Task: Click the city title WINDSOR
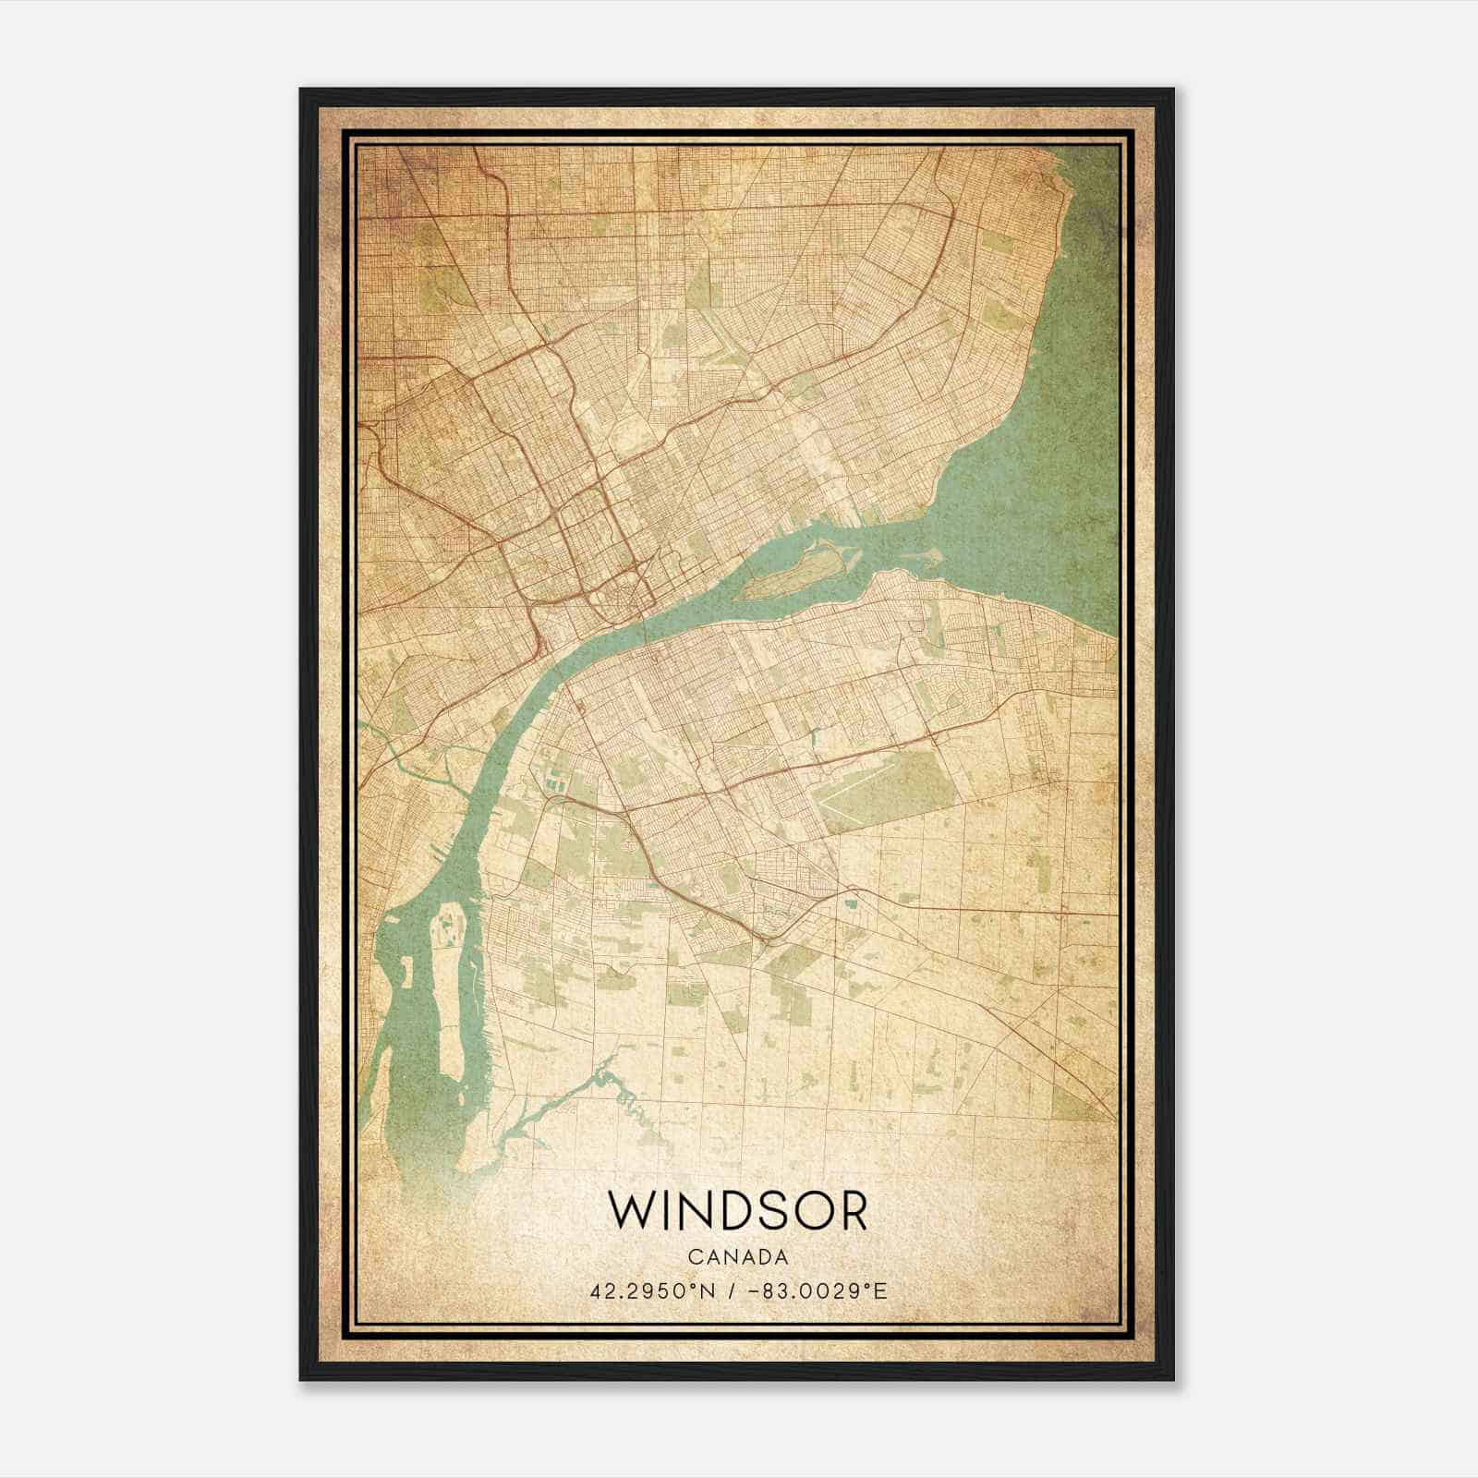(738, 1211)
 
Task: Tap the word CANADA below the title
(738, 1257)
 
